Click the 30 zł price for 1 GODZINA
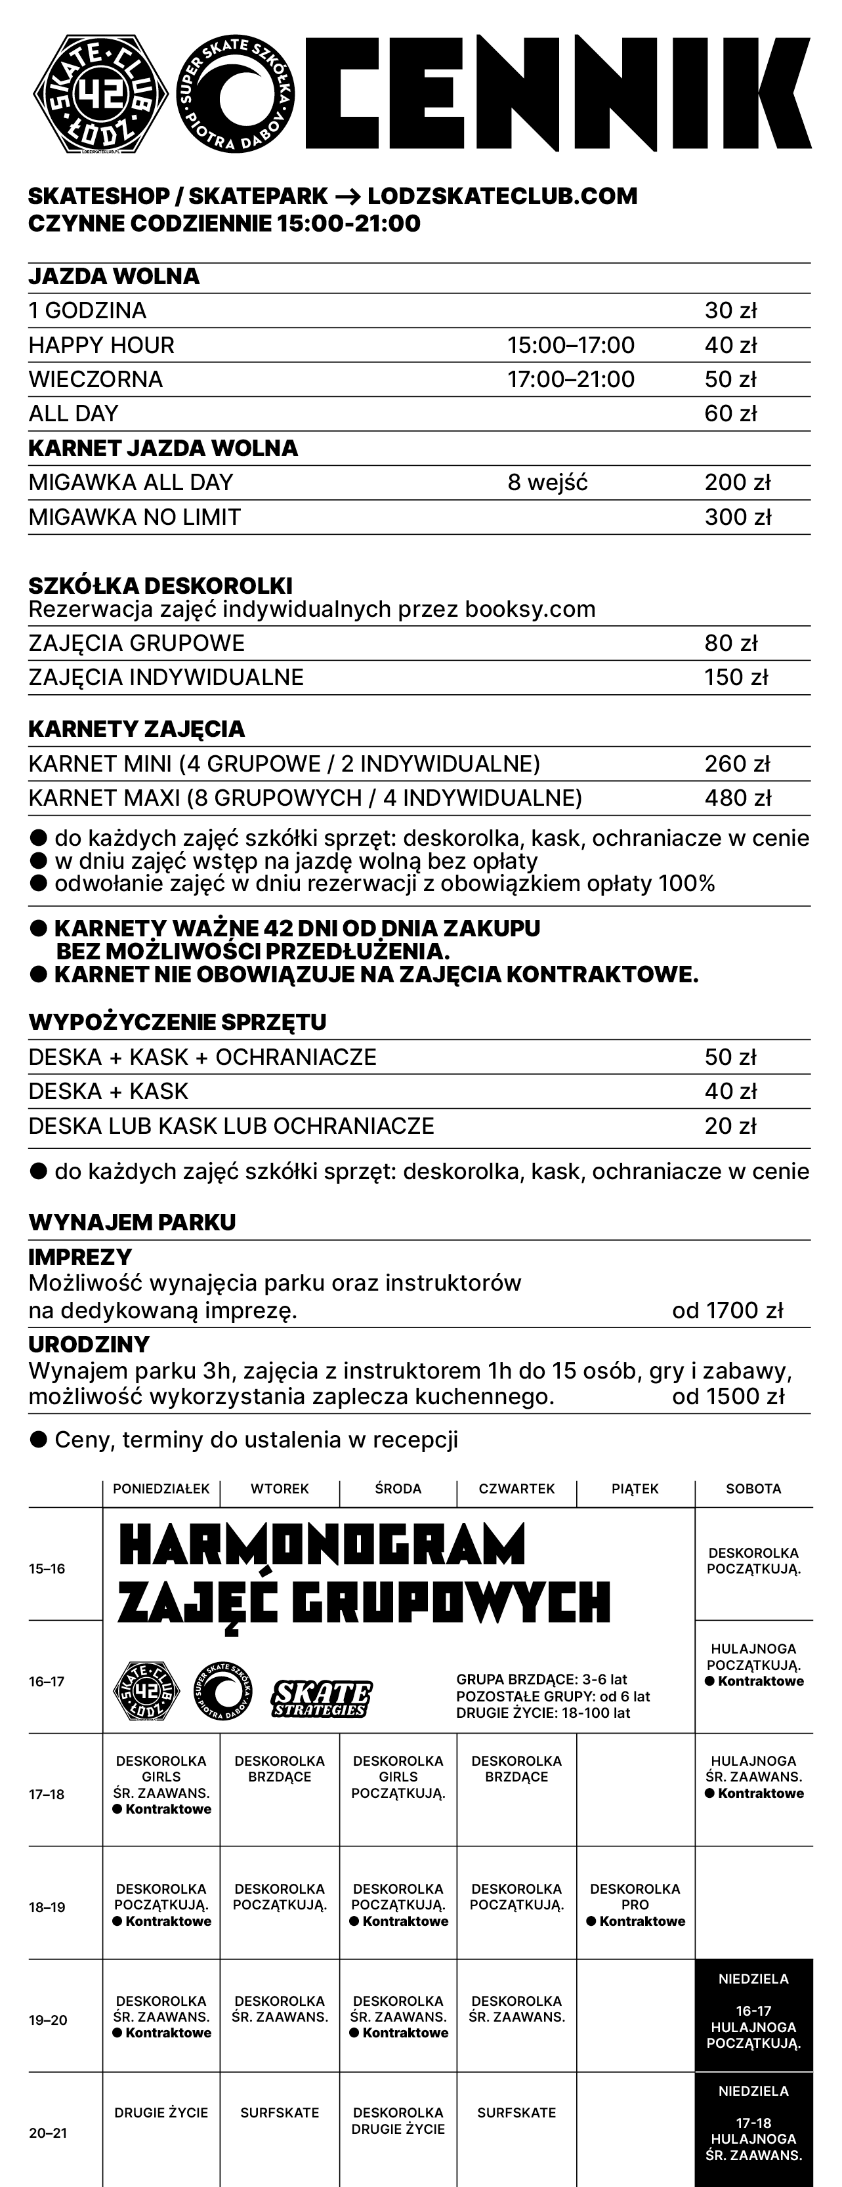point(730,311)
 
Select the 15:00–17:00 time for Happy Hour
point(570,346)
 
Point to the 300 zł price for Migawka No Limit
point(737,517)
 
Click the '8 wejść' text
point(547,482)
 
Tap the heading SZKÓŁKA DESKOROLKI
point(160,586)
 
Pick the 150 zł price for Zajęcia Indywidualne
point(735,678)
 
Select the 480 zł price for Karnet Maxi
point(737,798)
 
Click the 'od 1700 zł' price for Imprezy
point(726,1311)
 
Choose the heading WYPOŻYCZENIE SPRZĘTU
point(177,1022)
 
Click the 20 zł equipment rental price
point(730,1126)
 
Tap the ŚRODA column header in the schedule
point(398,1488)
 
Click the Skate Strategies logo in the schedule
point(322,1698)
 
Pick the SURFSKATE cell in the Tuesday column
point(280,2112)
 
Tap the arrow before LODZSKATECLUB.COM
point(347,196)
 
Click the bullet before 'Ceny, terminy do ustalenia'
point(38,1439)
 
